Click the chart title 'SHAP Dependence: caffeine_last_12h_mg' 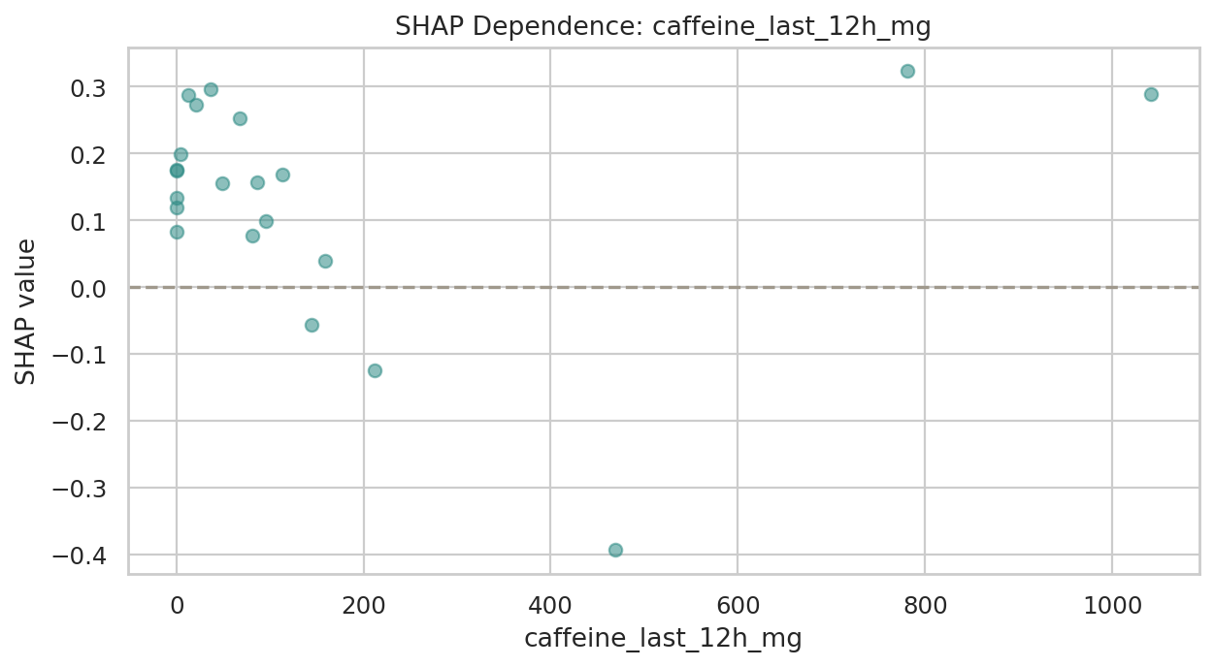(663, 27)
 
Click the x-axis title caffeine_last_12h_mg (663, 639)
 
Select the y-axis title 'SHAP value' (26, 311)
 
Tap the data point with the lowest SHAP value (615, 550)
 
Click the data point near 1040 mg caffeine (1151, 94)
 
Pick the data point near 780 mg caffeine (907, 71)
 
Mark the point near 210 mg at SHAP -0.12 (375, 370)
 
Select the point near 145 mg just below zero (312, 325)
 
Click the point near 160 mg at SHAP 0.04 (325, 261)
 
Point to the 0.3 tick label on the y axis (89, 88)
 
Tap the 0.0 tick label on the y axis (89, 289)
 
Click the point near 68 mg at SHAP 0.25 (240, 118)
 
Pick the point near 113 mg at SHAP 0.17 (282, 175)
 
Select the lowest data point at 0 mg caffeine (177, 232)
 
